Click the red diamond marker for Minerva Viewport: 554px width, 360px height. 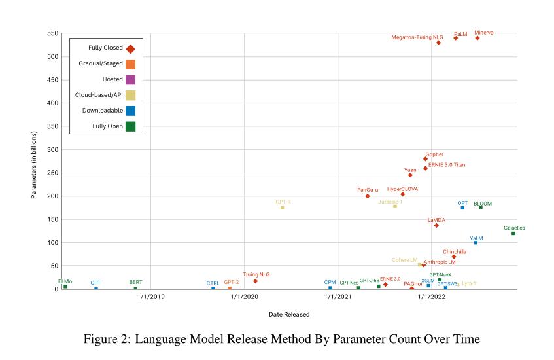click(x=477, y=38)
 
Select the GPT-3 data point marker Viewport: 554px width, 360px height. click(x=283, y=207)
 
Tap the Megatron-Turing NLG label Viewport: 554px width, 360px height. click(x=411, y=37)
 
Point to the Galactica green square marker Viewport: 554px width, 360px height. click(x=513, y=233)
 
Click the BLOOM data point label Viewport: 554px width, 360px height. click(x=483, y=204)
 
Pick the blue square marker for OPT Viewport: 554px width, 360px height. click(x=462, y=207)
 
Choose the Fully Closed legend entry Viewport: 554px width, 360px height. click(x=105, y=48)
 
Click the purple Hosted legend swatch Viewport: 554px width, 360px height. click(x=131, y=80)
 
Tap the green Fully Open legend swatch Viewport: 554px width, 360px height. click(x=131, y=127)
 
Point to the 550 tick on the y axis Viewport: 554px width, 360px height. click(x=53, y=33)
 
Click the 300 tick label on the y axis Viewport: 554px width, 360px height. click(x=53, y=150)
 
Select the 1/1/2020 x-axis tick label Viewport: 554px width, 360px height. click(x=243, y=297)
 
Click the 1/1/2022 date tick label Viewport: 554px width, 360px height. click(x=432, y=297)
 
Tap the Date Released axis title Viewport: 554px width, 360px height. click(x=289, y=315)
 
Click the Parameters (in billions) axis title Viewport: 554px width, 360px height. click(x=34, y=165)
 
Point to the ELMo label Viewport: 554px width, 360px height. click(x=65, y=281)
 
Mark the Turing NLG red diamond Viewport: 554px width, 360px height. click(x=255, y=281)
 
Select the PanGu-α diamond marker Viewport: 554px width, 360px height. click(x=368, y=196)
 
